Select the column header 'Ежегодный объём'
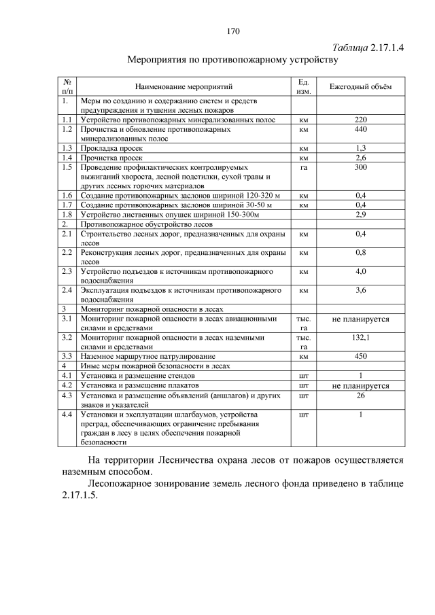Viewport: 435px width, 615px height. [x=360, y=87]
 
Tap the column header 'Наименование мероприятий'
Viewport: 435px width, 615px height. [x=184, y=87]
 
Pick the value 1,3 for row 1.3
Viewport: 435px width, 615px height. [x=361, y=147]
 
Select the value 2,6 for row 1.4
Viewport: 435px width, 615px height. [x=361, y=157]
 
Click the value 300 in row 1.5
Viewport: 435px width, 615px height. [x=361, y=166]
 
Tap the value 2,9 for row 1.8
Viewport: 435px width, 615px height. [x=361, y=214]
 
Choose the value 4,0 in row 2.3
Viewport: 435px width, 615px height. [x=361, y=271]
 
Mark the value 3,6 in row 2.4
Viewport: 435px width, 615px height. [x=361, y=290]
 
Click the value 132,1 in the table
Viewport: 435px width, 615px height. [x=361, y=337]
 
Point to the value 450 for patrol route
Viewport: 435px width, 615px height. [x=361, y=356]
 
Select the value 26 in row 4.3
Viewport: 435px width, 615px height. [x=361, y=394]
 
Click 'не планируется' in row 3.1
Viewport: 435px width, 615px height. [x=360, y=318]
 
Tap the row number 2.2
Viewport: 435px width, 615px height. [x=67, y=252]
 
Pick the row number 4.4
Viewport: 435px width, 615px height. [x=67, y=413]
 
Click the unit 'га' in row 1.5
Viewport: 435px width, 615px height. [x=304, y=166]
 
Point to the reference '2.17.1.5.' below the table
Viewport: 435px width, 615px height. [x=75, y=495]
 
